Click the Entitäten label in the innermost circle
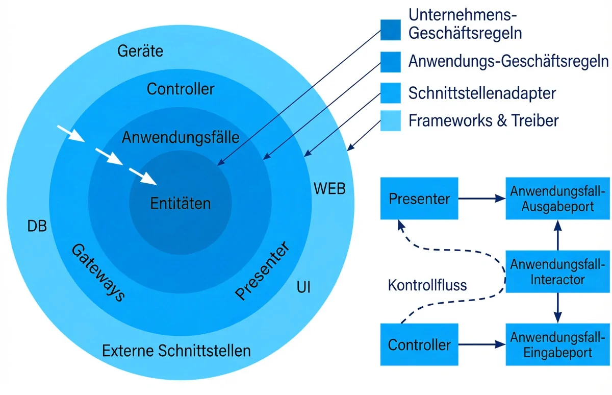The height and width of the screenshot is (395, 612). pyautogui.click(x=180, y=203)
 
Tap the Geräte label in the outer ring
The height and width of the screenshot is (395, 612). pyautogui.click(x=140, y=51)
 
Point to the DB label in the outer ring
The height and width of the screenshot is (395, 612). pyautogui.click(x=37, y=226)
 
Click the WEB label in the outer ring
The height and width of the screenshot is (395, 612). pyautogui.click(x=329, y=189)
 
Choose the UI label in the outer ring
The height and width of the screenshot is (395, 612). pyautogui.click(x=304, y=288)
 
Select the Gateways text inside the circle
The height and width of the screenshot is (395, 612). pyautogui.click(x=97, y=272)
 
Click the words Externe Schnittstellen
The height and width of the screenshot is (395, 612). pyautogui.click(x=176, y=351)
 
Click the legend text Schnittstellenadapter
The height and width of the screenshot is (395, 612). pyautogui.click(x=482, y=93)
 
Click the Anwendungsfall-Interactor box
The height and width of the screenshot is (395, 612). pyautogui.click(x=557, y=272)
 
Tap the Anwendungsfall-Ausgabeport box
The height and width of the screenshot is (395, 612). pyautogui.click(x=557, y=199)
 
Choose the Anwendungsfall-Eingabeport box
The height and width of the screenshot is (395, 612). pyautogui.click(x=557, y=344)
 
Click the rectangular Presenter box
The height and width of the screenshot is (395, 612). pyautogui.click(x=419, y=199)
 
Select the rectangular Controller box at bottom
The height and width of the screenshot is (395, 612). pyautogui.click(x=419, y=344)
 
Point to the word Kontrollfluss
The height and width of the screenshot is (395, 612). pyautogui.click(x=427, y=285)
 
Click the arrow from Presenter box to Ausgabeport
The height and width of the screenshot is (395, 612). pyautogui.click(x=481, y=199)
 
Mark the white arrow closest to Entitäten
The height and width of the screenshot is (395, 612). pyautogui.click(x=143, y=176)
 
